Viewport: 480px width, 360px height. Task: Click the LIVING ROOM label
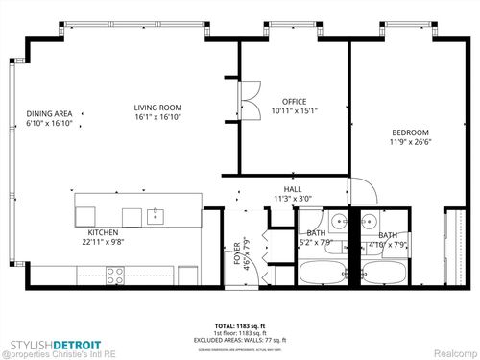click(x=158, y=108)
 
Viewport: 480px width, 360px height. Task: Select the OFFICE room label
click(x=294, y=101)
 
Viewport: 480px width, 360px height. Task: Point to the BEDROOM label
click(x=409, y=132)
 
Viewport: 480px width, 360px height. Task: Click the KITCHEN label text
click(x=103, y=231)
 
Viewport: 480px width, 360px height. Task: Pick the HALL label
click(x=292, y=189)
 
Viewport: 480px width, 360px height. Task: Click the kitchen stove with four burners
click(x=115, y=274)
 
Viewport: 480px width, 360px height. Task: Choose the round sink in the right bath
click(x=368, y=221)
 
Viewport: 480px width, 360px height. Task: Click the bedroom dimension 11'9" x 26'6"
click(x=410, y=143)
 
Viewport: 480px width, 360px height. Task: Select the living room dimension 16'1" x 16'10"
click(x=158, y=117)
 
